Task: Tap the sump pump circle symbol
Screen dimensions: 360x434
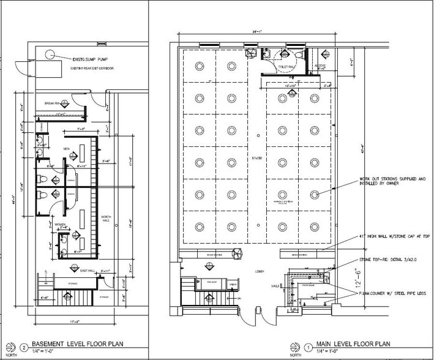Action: (47, 54)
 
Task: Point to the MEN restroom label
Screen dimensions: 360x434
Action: (67, 149)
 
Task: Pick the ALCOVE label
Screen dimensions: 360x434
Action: (321, 66)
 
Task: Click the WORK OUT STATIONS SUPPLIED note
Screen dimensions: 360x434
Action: (395, 182)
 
